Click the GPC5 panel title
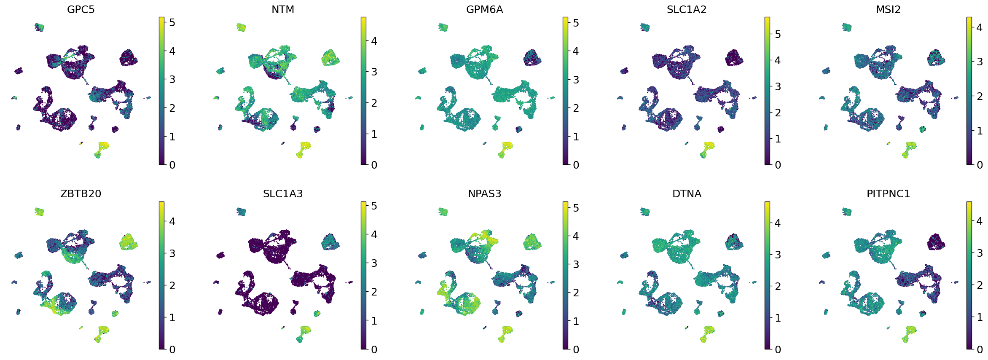[x=81, y=9]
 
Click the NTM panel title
[x=283, y=9]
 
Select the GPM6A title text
[x=484, y=9]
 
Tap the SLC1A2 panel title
[x=686, y=9]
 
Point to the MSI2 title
[x=888, y=9]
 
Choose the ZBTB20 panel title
[x=81, y=193]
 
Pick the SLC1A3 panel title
[x=283, y=193]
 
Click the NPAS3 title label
[x=484, y=193]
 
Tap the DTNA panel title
[x=687, y=193]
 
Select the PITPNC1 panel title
[x=888, y=193]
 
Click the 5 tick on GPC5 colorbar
[x=172, y=22]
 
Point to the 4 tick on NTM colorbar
[x=374, y=41]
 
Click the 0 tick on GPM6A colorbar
[x=576, y=165]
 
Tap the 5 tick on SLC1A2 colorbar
[x=778, y=34]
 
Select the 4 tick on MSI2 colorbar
[x=980, y=27]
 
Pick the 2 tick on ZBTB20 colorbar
[x=172, y=285]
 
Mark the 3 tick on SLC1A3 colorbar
[x=374, y=263]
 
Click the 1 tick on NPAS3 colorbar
[x=576, y=321]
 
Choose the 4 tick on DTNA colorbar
[x=778, y=223]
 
